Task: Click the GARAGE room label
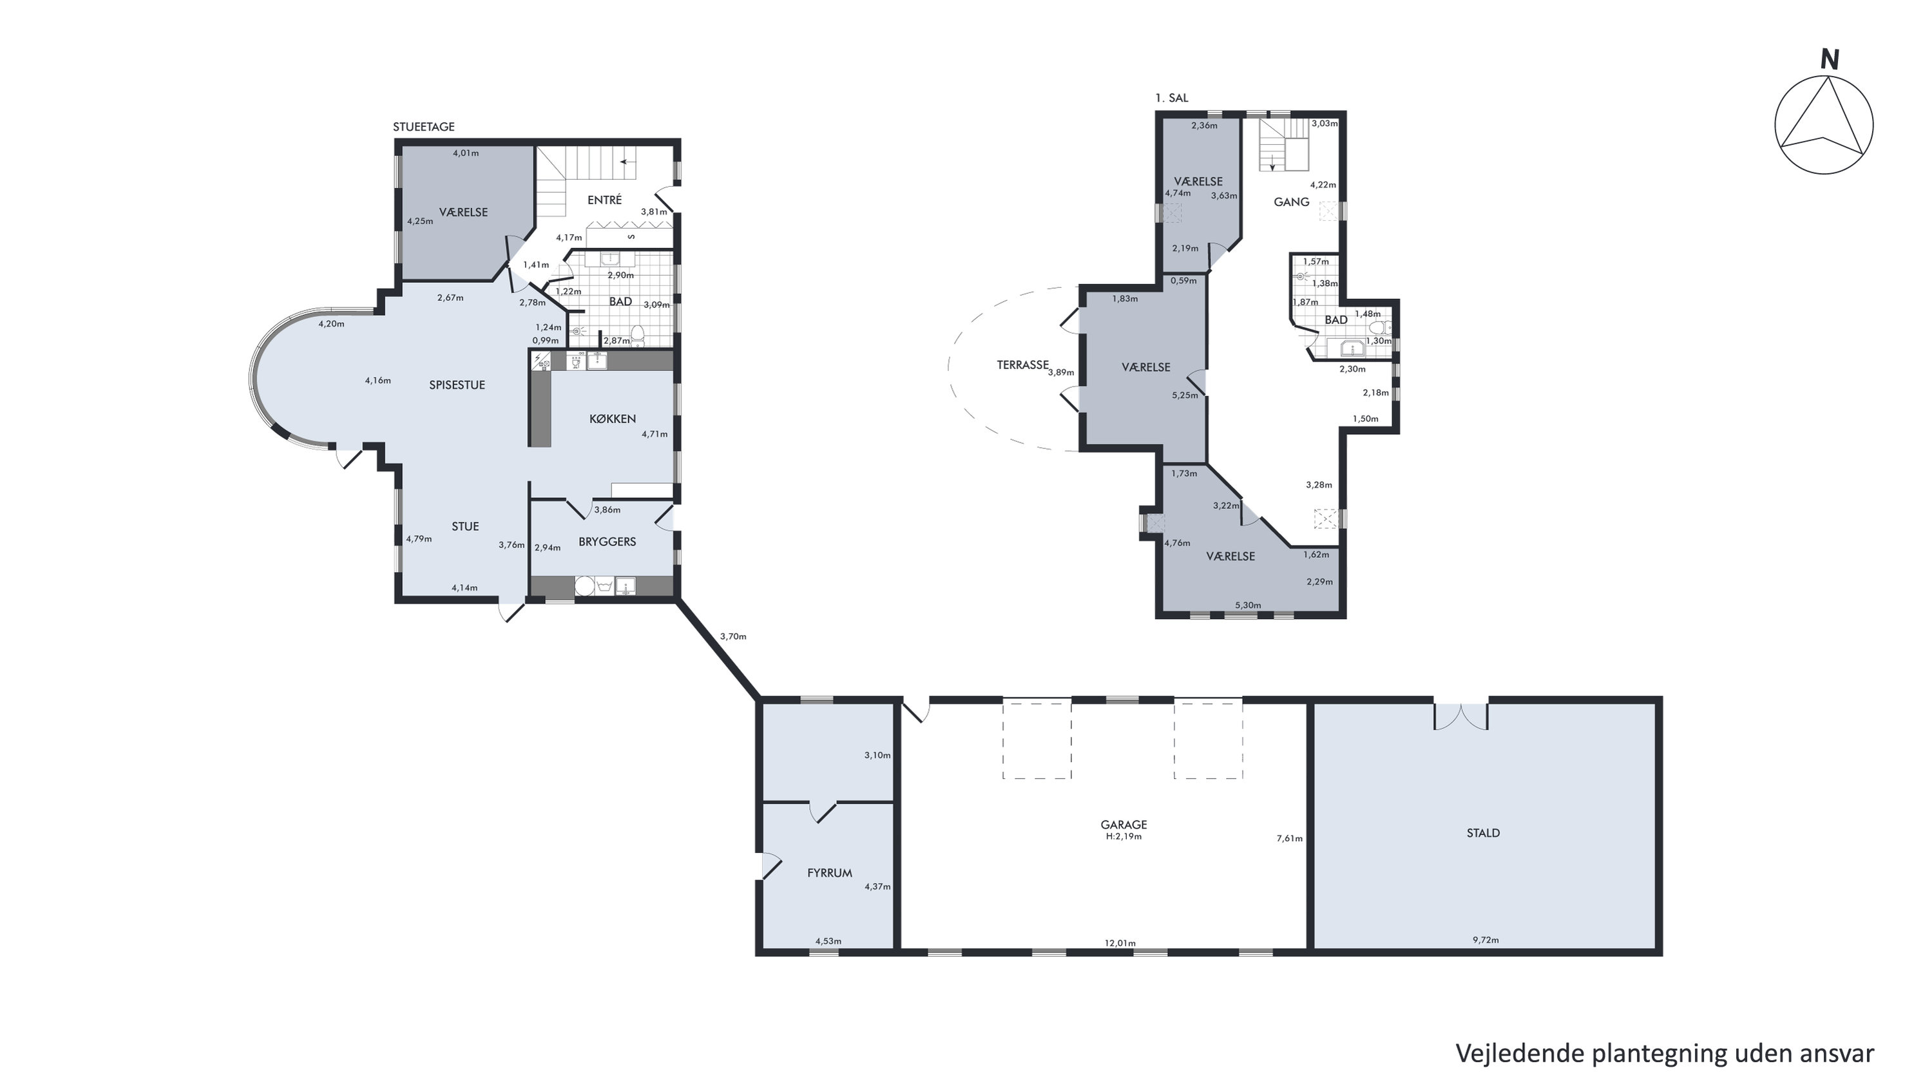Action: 1124,824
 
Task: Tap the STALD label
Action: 1484,832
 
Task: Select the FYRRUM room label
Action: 830,873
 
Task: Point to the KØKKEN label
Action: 613,419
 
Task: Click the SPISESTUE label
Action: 457,385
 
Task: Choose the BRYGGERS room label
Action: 607,542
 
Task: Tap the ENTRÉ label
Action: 604,200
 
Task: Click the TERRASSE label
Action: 1022,365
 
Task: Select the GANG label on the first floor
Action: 1292,202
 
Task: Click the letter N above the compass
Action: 1830,60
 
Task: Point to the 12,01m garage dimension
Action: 1120,944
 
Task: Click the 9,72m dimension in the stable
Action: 1485,940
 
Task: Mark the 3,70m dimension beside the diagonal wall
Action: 732,637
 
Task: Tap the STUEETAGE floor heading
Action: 424,127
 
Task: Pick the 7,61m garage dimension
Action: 1289,839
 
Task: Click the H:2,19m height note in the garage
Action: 1124,836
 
